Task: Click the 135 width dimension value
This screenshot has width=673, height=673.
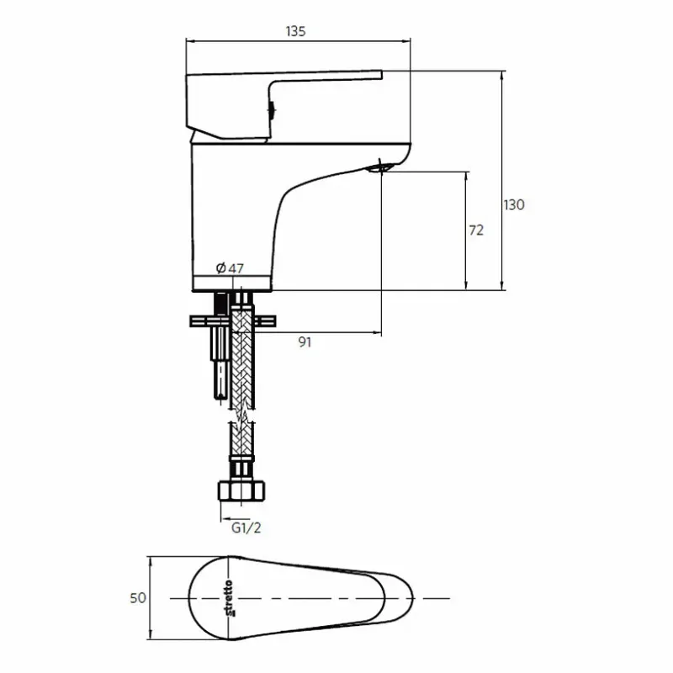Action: click(x=295, y=31)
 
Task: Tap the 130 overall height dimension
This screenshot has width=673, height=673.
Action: click(x=514, y=204)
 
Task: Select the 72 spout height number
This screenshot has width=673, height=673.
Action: click(x=476, y=231)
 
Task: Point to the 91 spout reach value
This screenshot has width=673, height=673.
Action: click(x=305, y=342)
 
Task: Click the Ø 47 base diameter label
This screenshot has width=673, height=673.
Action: click(x=230, y=268)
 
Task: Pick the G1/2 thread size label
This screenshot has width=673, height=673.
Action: click(x=246, y=528)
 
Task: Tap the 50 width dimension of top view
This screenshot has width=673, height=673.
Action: click(x=138, y=598)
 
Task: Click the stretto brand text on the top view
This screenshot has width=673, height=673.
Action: click(x=229, y=598)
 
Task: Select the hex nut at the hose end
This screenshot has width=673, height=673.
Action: click(x=241, y=491)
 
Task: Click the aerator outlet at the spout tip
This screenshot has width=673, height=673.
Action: click(x=379, y=167)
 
